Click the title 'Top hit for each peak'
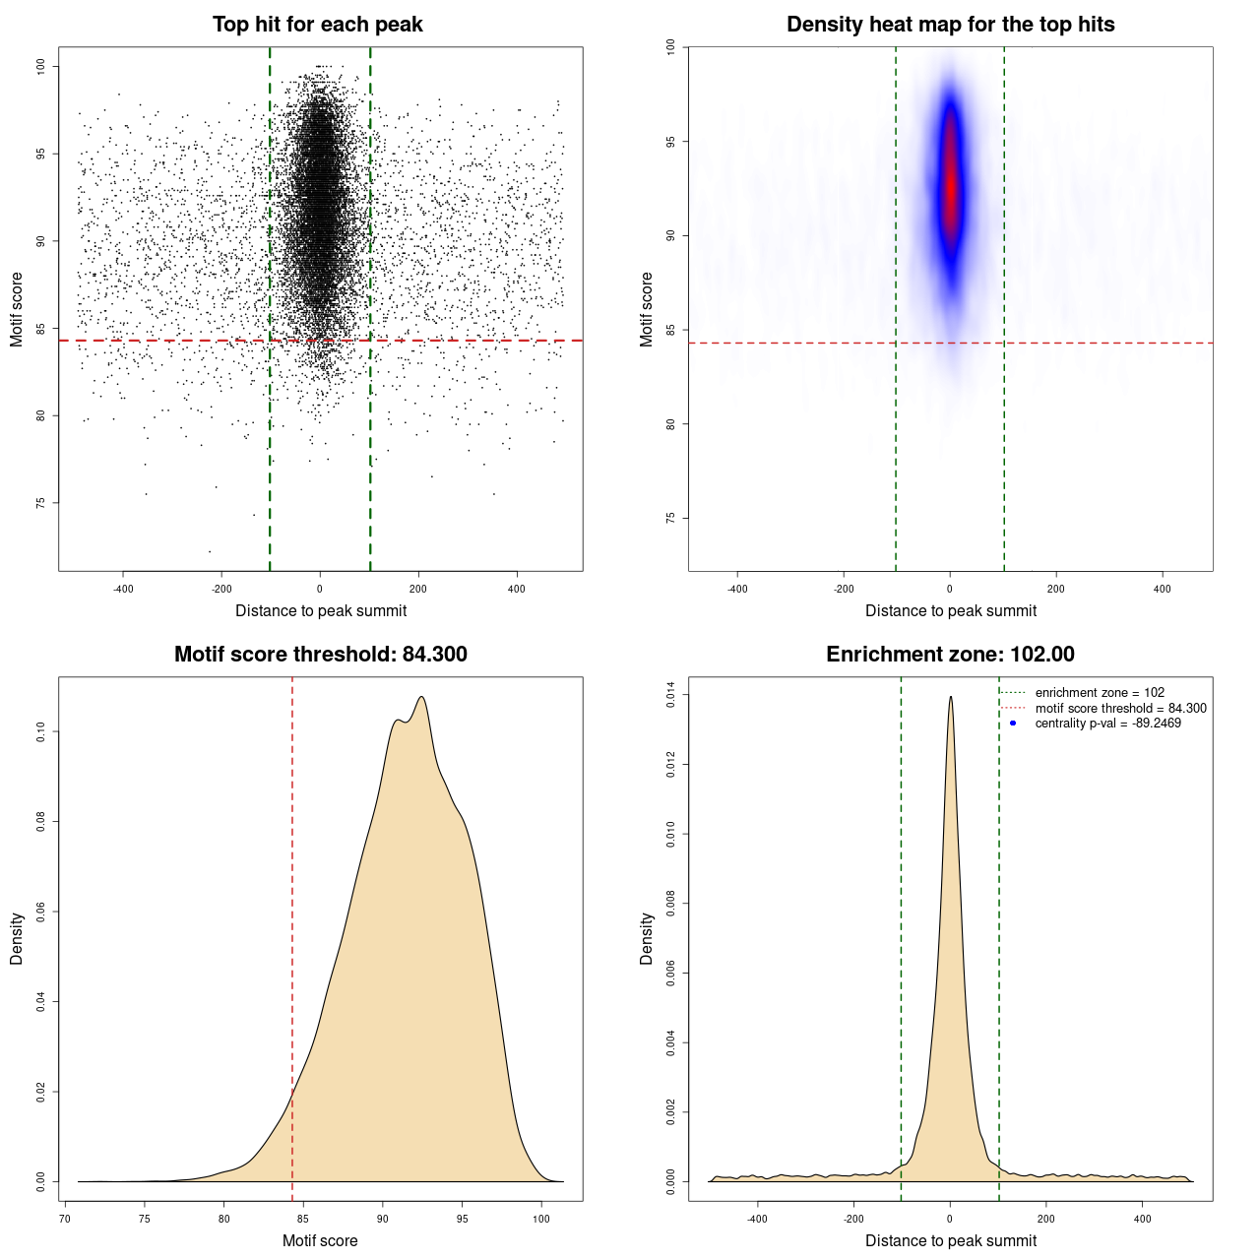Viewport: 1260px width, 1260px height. click(317, 25)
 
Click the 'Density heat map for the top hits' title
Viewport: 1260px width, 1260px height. click(950, 25)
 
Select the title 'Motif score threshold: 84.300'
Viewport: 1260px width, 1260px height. click(320, 655)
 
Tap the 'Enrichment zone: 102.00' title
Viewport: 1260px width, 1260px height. click(950, 655)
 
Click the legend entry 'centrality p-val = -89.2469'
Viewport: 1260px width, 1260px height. click(1107, 724)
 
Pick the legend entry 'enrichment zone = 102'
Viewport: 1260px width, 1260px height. click(1099, 693)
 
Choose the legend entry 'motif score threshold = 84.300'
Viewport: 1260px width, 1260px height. click(1120, 709)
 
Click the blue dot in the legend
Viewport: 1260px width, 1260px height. click(1013, 724)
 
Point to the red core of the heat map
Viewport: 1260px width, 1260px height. click(950, 187)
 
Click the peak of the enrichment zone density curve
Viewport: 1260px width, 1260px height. click(950, 697)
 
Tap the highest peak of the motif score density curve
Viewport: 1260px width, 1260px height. click(421, 697)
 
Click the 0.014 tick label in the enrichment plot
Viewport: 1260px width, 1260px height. click(671, 695)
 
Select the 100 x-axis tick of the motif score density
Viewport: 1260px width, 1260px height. click(541, 1219)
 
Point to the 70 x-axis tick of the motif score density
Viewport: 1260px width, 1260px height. click(65, 1219)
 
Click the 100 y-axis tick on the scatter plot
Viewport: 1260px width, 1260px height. click(40, 66)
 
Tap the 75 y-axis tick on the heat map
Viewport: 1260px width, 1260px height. click(670, 518)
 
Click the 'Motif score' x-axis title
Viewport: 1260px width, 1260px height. click(320, 1240)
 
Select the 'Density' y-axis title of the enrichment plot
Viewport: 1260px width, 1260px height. click(647, 938)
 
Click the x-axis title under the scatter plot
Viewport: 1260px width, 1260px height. click(321, 610)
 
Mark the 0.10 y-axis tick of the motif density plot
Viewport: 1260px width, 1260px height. click(40, 731)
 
